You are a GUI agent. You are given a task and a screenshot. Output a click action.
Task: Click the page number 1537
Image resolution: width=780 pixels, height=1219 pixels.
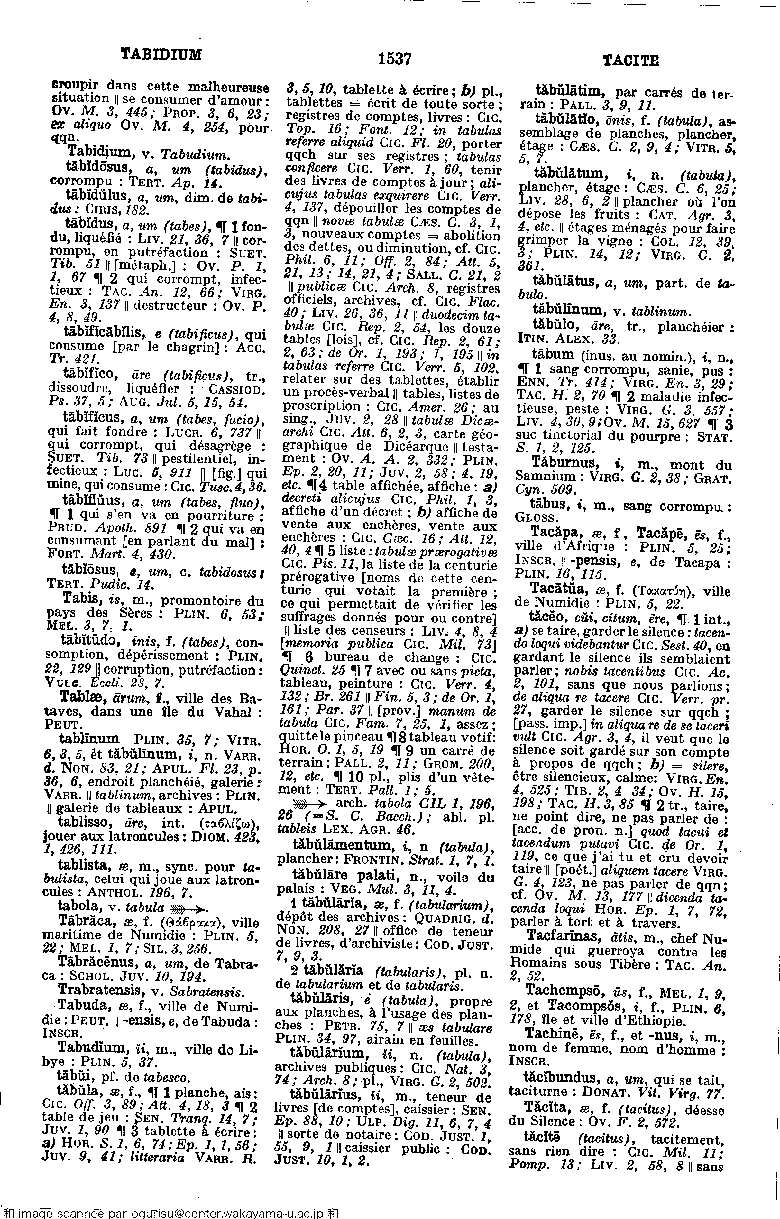[395, 59]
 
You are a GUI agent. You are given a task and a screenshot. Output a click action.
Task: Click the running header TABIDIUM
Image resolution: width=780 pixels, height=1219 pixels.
[161, 54]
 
